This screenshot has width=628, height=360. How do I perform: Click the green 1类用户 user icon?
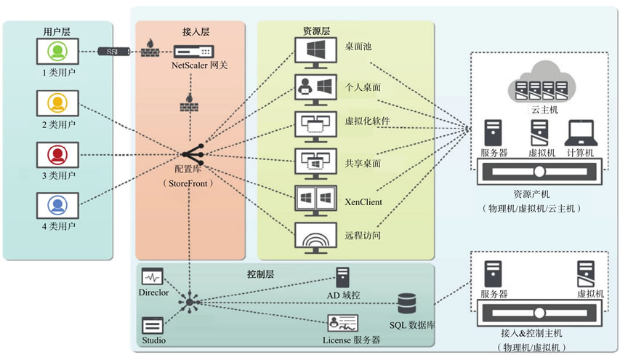point(57,52)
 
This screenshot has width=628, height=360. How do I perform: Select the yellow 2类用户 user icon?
point(57,104)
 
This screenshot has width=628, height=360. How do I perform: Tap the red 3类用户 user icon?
point(57,156)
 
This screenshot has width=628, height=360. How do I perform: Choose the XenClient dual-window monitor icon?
point(315,199)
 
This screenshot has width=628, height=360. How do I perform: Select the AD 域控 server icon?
point(343,278)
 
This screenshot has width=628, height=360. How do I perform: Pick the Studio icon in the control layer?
point(153,326)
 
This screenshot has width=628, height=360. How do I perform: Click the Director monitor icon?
point(153,277)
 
